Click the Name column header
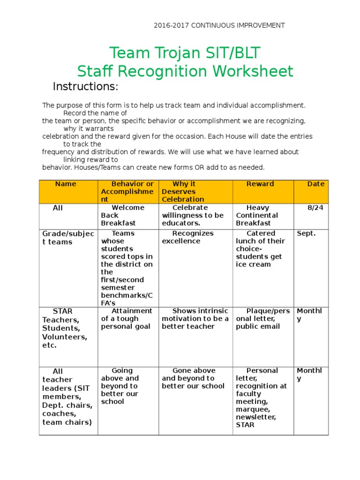[x=66, y=184]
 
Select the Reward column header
[x=260, y=184]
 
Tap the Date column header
[x=315, y=184]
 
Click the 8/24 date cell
[x=315, y=208]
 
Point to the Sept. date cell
[x=307, y=233]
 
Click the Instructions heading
[x=85, y=87]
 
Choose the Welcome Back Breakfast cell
[x=123, y=215]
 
